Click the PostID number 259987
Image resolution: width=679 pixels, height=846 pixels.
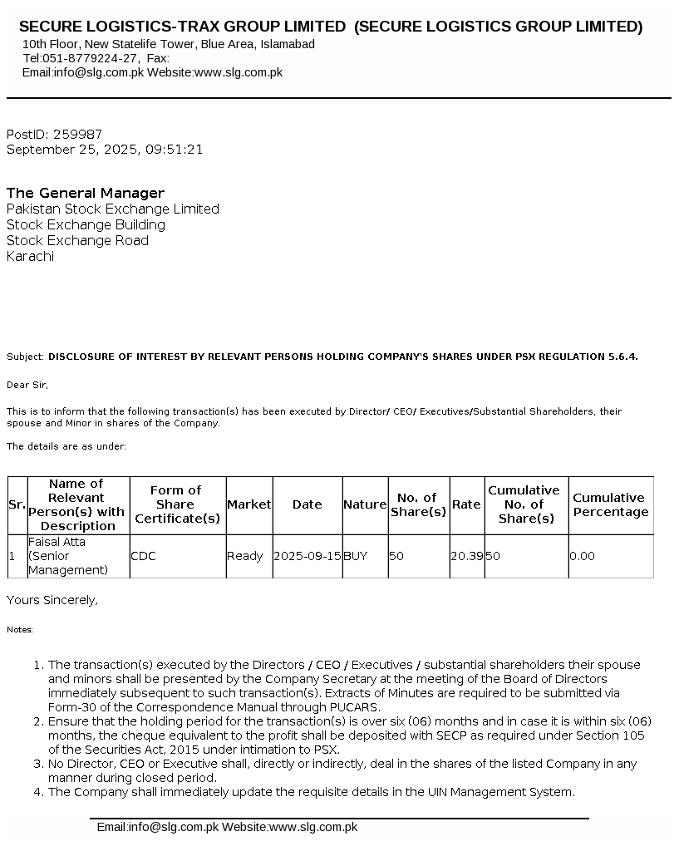pyautogui.click(x=77, y=134)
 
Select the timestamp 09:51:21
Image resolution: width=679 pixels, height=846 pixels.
pyautogui.click(x=174, y=150)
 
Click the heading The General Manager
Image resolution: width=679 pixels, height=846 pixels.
pyautogui.click(x=86, y=193)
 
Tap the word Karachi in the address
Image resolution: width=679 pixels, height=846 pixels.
pyautogui.click(x=30, y=256)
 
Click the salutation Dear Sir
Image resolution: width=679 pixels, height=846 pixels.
pyautogui.click(x=27, y=385)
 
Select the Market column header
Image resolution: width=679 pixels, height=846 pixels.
pyautogui.click(x=248, y=504)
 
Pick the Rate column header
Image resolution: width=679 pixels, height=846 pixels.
pyautogui.click(x=466, y=504)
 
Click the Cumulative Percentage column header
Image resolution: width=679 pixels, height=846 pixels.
pyautogui.click(x=610, y=504)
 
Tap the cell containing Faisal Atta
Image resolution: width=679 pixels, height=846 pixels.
pyautogui.click(x=57, y=542)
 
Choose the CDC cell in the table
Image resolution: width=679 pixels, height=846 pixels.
pyautogui.click(x=143, y=556)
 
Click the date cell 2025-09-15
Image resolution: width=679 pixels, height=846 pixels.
pyautogui.click(x=307, y=556)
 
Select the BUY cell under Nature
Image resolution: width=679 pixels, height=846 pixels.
pyautogui.click(x=355, y=556)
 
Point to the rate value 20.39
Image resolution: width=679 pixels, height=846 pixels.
pyautogui.click(x=466, y=556)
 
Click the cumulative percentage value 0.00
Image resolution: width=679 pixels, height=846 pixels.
pyautogui.click(x=582, y=556)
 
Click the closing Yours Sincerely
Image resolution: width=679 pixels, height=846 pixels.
pyautogui.click(x=52, y=600)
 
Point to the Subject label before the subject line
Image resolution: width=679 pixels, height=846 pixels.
pyautogui.click(x=25, y=357)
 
